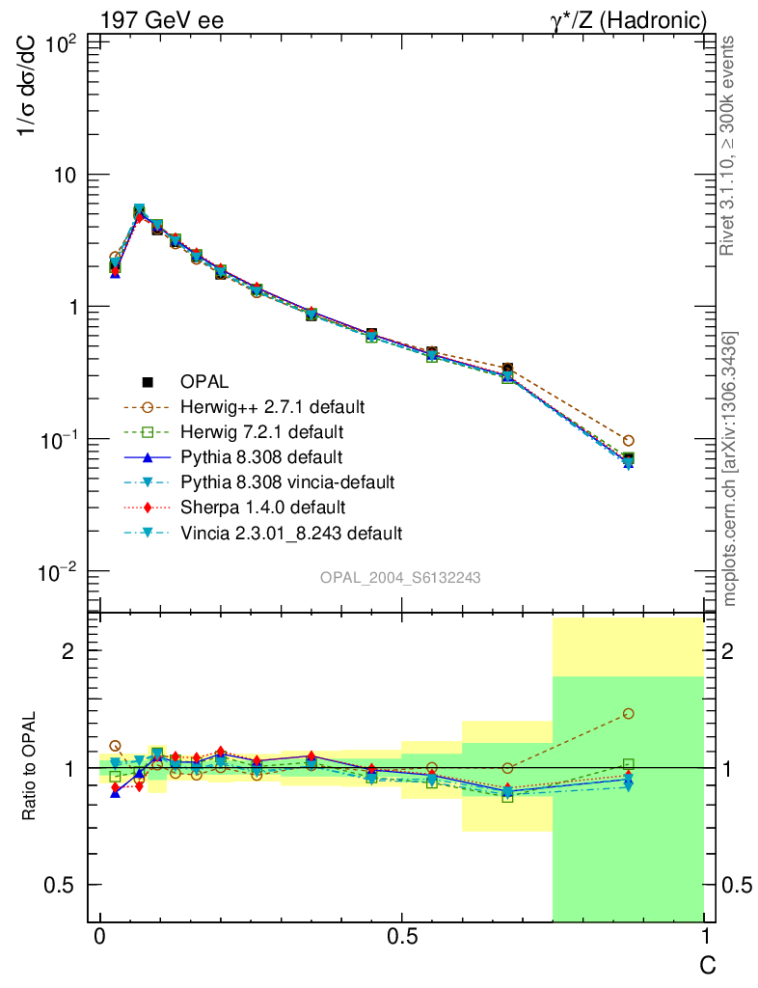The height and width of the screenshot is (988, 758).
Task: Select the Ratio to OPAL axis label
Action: tap(31, 766)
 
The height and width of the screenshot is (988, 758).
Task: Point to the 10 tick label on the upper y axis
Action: tap(68, 175)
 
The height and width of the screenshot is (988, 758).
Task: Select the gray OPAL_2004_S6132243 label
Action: tap(400, 577)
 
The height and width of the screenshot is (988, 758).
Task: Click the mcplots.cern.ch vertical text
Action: tap(731, 469)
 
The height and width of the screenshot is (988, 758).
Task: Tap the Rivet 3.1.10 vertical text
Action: tap(729, 145)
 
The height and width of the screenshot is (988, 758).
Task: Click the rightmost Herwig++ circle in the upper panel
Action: tap(629, 440)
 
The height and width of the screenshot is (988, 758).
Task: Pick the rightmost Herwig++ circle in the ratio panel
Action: tap(629, 714)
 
